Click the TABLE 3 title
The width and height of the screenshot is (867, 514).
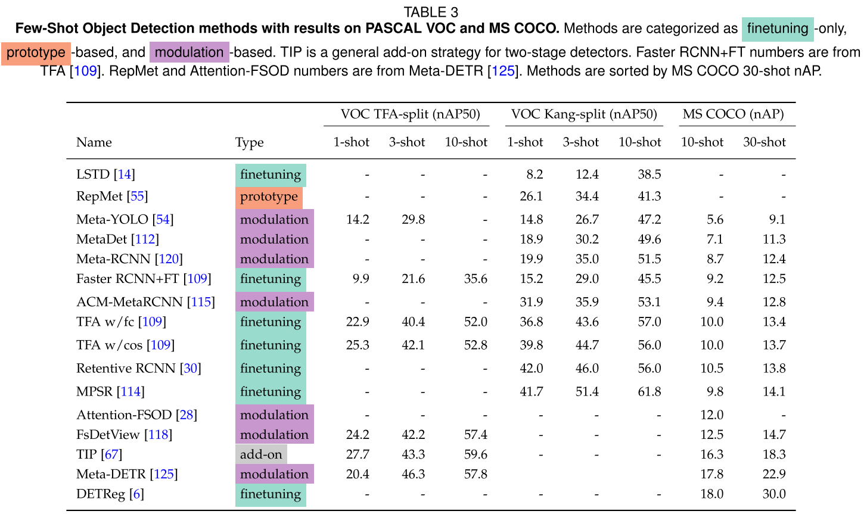coord(431,12)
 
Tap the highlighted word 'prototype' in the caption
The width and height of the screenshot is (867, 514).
coord(36,53)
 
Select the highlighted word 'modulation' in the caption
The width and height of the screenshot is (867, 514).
coord(189,53)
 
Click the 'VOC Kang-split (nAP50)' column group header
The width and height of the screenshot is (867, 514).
coord(584,114)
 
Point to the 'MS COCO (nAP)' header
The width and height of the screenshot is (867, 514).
coord(733,114)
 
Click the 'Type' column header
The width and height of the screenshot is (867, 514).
coord(250,143)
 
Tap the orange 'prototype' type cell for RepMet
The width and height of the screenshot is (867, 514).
coord(269,197)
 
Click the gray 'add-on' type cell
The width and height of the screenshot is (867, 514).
coord(261,454)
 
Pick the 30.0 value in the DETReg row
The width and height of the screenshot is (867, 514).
coord(774,494)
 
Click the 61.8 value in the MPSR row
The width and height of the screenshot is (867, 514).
coord(649,392)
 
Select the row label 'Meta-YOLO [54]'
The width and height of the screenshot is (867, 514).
coord(125,220)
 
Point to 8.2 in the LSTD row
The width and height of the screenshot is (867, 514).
coord(535,175)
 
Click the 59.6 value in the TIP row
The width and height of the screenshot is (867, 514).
coord(476,454)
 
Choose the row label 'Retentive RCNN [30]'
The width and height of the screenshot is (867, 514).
coord(139,369)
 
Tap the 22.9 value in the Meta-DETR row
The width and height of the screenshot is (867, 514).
coord(774,475)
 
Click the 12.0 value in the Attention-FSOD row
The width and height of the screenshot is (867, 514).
coord(711,415)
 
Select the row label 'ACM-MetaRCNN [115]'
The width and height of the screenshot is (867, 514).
coord(145,303)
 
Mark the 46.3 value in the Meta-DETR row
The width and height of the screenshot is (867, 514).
coord(413,475)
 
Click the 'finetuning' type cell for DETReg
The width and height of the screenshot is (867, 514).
coord(271,494)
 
